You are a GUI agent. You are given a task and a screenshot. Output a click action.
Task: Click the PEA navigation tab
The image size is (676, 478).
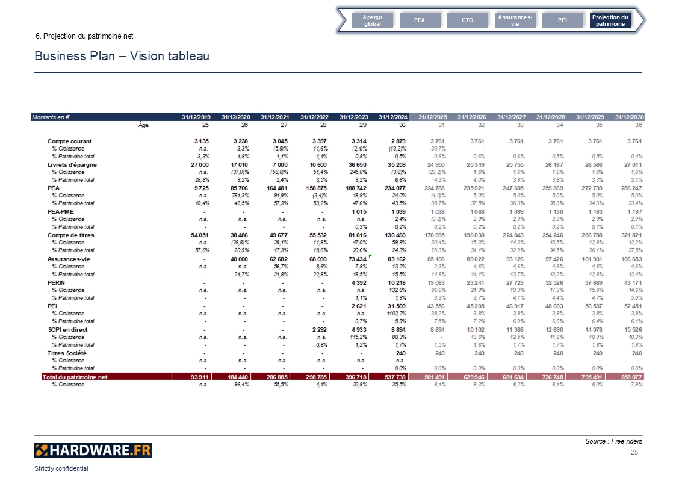pos(420,20)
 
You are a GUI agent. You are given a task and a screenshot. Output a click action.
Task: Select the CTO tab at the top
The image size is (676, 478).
pos(467,20)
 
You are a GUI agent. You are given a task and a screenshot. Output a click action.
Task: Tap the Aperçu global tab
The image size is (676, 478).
pos(372,20)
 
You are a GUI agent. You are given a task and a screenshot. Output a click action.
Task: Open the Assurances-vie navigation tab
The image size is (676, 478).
pos(515,20)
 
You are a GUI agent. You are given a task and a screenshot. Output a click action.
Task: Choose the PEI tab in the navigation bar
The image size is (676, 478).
pos(562,20)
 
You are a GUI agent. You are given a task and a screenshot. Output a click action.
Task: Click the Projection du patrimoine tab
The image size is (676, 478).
pos(610,20)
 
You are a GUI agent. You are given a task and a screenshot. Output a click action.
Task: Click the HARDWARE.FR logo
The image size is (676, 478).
pos(93,450)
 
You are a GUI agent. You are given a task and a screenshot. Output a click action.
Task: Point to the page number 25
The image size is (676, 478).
pos(634,452)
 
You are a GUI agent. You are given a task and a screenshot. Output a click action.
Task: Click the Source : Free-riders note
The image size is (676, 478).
pos(613,441)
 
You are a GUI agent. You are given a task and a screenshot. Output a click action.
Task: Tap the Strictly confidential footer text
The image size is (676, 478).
pos(61,468)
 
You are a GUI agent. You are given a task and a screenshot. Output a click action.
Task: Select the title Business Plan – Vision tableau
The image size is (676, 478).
pos(122,56)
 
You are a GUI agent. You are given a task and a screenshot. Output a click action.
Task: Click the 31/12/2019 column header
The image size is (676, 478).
pos(197,117)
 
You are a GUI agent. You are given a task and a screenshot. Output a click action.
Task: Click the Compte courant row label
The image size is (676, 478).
pos(70,141)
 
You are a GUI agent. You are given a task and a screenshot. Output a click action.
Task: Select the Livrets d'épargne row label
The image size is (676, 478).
pos(72,164)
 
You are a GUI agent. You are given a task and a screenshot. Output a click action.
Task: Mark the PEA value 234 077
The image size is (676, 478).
pos(394,188)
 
